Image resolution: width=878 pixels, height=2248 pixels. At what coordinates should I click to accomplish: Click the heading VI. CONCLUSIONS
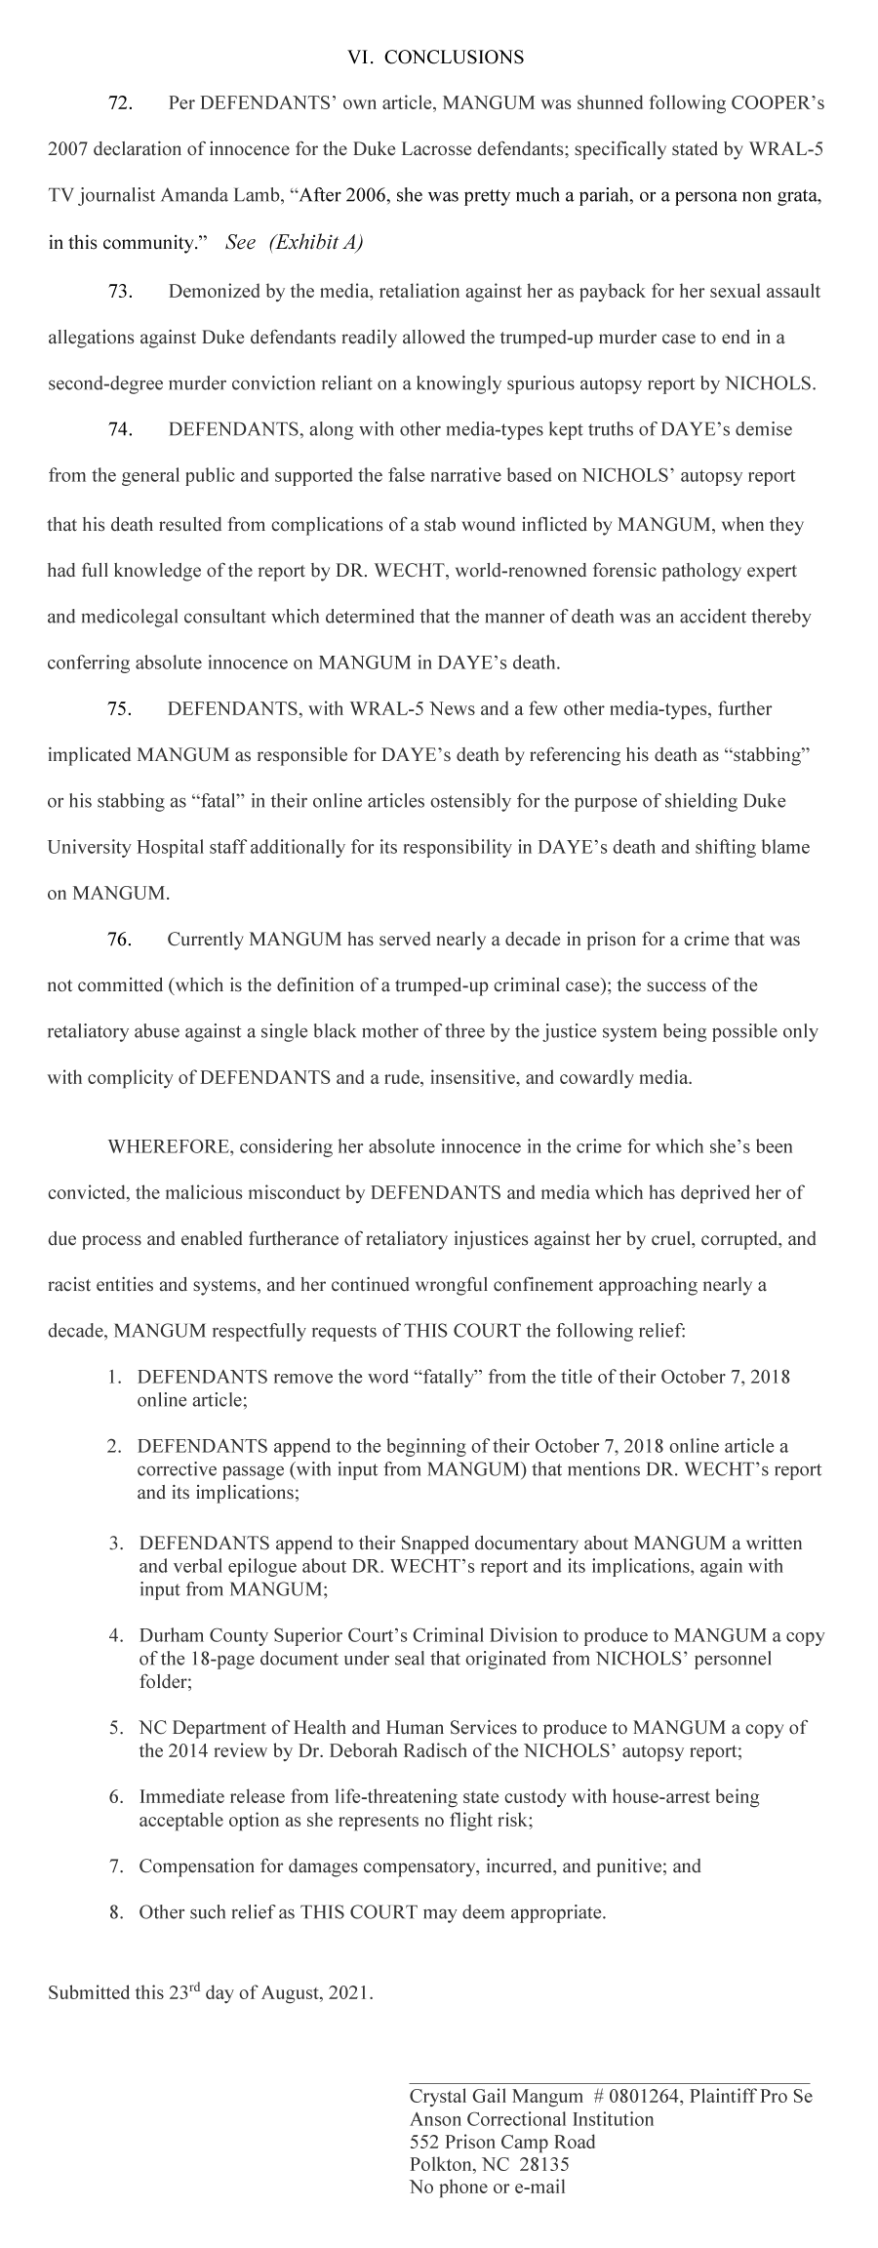(x=435, y=58)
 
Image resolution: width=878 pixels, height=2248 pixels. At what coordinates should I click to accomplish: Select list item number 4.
(x=116, y=1635)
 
